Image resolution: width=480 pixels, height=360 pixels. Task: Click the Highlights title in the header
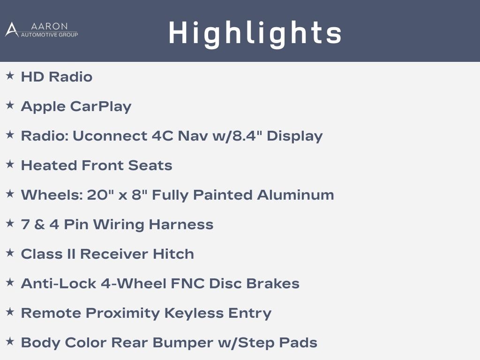point(255,33)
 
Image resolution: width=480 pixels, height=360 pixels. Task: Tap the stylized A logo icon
point(12,30)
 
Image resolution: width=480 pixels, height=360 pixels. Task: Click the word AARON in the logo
point(49,26)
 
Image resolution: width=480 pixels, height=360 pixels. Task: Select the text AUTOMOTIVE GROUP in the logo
point(49,35)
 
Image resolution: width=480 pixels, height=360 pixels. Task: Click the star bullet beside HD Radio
point(10,75)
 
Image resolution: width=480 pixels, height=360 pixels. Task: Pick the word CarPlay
point(101,107)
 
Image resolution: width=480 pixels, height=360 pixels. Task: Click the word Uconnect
point(110,136)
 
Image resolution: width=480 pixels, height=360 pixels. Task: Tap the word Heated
point(49,165)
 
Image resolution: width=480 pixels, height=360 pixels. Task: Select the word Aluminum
point(295,195)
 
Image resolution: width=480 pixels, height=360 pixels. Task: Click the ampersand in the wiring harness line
point(39,225)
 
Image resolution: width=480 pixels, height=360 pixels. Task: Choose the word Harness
point(181,225)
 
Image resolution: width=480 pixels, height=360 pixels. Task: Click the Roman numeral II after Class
point(71,254)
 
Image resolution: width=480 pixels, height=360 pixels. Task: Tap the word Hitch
point(173,254)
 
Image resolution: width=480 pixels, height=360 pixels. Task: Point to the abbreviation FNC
point(187,284)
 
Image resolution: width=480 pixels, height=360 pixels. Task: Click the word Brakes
point(273,284)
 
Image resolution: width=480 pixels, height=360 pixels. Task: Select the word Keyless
point(194,313)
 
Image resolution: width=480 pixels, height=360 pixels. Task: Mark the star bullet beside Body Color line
point(10,341)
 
